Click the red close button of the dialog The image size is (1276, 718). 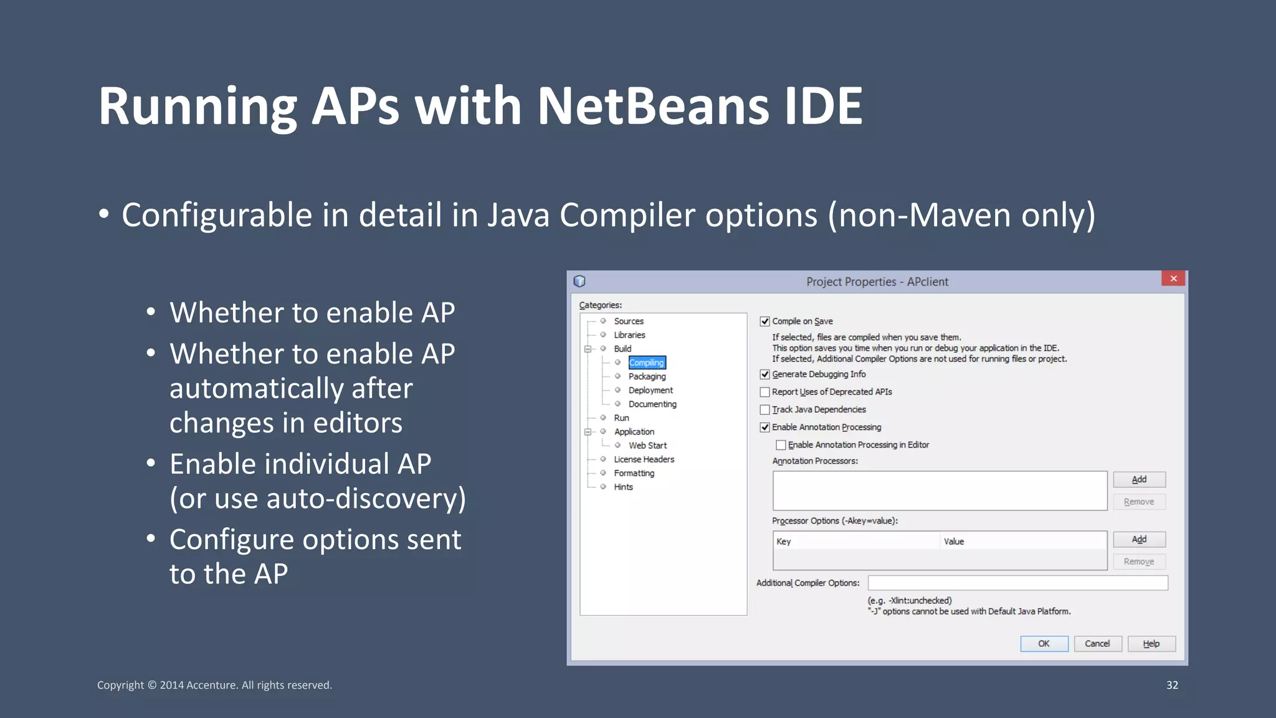click(1173, 279)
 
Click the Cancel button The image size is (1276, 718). click(1097, 644)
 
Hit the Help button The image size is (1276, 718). click(1151, 644)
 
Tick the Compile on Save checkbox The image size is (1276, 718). click(764, 322)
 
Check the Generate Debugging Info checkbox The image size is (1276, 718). click(764, 375)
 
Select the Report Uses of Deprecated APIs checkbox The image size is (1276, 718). click(764, 392)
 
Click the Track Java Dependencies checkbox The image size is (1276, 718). click(764, 409)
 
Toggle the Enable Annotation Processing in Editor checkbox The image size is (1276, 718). click(781, 445)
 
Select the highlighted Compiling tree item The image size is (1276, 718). click(646, 363)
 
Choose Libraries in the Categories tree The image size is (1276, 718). click(629, 335)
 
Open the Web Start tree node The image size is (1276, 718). click(647, 446)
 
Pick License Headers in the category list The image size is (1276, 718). click(644, 459)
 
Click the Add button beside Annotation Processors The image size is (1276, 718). click(1139, 479)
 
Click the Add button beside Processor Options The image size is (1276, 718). click(1139, 539)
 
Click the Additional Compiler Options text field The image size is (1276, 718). click(1017, 583)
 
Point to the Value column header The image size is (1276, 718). click(954, 542)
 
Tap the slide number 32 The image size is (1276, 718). click(1172, 685)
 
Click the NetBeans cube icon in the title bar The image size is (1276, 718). click(579, 281)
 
